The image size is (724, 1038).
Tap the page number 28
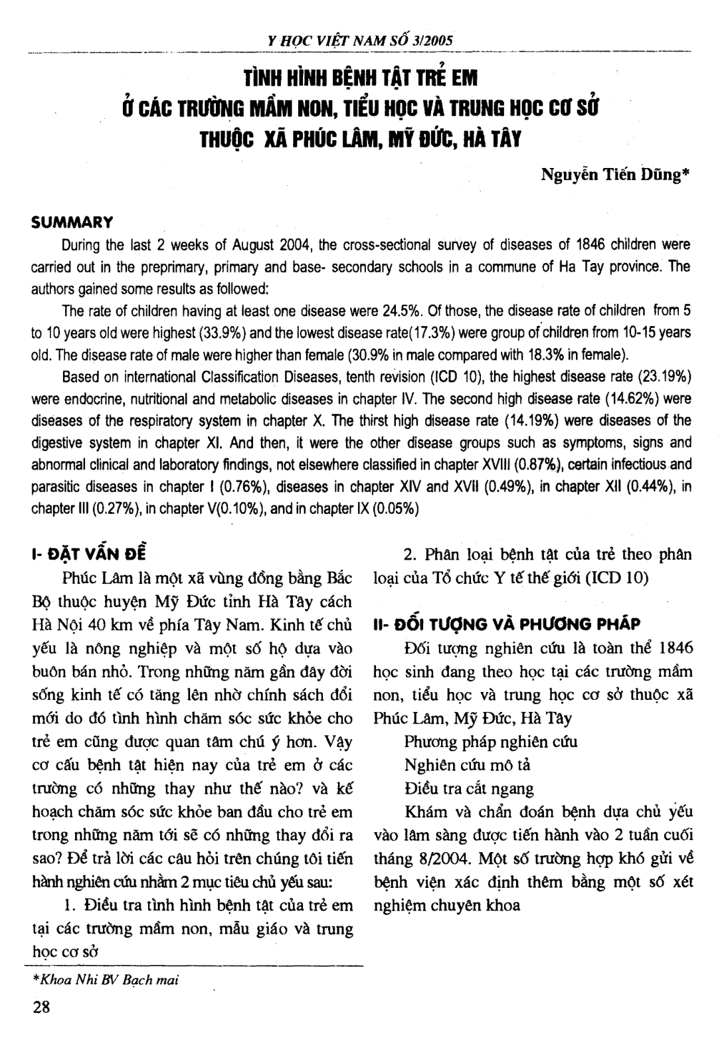[x=41, y=1007]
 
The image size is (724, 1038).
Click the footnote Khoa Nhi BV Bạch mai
[x=106, y=980]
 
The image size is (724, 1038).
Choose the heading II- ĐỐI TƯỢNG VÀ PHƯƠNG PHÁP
[x=507, y=624]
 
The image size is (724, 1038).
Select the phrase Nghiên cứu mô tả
[x=468, y=765]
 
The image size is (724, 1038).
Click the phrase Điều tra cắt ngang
[x=469, y=788]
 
